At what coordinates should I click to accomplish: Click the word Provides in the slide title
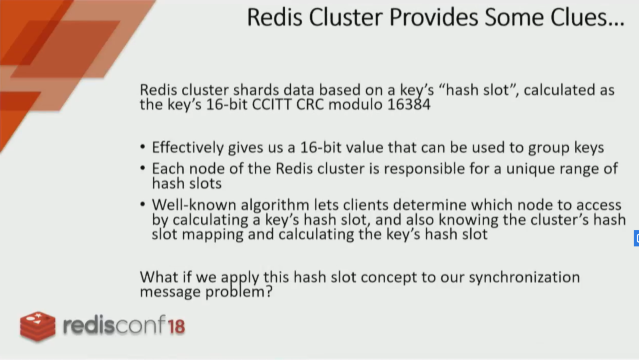[434, 17]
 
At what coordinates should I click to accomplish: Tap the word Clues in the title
[579, 17]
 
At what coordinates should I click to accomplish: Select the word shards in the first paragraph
[256, 90]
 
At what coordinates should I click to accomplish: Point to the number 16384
[409, 104]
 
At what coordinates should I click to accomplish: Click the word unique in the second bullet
[530, 169]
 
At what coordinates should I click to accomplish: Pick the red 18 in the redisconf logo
[176, 326]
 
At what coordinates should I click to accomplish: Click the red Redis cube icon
[38, 326]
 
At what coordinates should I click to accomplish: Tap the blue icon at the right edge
[637, 238]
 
